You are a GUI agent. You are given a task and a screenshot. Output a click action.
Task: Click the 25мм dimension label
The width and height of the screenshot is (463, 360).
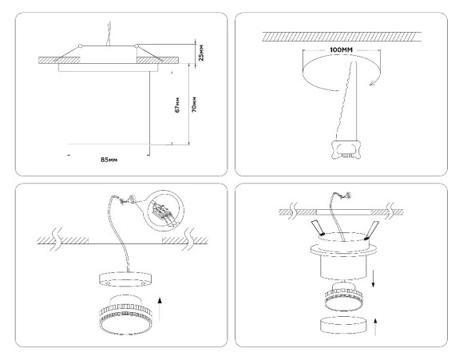(x=201, y=53)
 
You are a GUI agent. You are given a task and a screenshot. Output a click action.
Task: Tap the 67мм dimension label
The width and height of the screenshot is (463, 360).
(x=177, y=105)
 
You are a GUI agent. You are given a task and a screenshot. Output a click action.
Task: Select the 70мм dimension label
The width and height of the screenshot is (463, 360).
(x=194, y=105)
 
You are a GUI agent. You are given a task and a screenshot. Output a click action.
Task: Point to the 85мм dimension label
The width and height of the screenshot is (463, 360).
(x=109, y=160)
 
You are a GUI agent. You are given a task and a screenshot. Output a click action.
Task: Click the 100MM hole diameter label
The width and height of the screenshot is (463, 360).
(x=341, y=50)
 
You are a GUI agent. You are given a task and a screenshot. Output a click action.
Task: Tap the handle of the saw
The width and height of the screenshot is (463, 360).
(x=345, y=150)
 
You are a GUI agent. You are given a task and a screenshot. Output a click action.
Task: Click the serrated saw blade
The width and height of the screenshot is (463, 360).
(x=349, y=101)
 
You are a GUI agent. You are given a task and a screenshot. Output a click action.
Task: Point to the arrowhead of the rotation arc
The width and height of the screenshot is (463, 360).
(x=373, y=83)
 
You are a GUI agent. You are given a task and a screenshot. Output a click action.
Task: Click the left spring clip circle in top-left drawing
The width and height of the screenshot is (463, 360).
(x=80, y=45)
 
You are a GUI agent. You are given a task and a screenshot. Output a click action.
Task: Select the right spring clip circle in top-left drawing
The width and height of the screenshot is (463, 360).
(x=137, y=45)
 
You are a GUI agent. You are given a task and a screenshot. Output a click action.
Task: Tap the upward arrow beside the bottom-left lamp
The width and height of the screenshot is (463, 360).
(x=160, y=310)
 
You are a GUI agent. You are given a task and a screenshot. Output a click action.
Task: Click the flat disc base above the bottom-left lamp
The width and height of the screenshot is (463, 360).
(x=125, y=279)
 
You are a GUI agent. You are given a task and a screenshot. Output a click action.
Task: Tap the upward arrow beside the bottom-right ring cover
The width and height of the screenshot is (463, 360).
(x=376, y=326)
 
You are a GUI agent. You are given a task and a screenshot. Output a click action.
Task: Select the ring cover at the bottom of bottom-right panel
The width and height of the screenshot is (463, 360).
(x=342, y=325)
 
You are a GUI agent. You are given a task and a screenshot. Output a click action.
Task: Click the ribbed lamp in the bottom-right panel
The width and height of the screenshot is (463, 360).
(x=345, y=298)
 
